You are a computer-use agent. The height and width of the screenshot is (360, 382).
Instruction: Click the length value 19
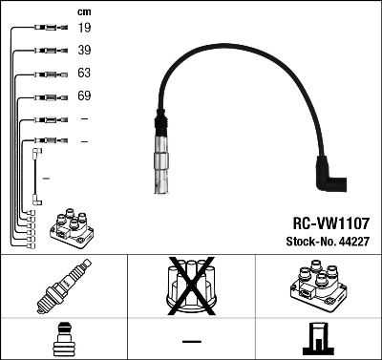tap(85, 29)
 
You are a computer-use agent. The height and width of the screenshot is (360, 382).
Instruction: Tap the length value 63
tap(85, 74)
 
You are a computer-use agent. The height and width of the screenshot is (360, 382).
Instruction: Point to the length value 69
tap(85, 96)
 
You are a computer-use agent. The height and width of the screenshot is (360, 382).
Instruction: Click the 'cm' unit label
tap(84, 11)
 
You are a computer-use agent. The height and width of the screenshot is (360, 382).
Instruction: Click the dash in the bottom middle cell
tap(191, 340)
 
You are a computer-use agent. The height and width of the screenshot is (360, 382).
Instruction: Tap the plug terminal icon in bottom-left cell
tap(62, 339)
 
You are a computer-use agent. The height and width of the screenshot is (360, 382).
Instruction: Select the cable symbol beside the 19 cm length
tap(45, 29)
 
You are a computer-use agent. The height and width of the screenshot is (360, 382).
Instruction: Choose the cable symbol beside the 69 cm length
tap(45, 96)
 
